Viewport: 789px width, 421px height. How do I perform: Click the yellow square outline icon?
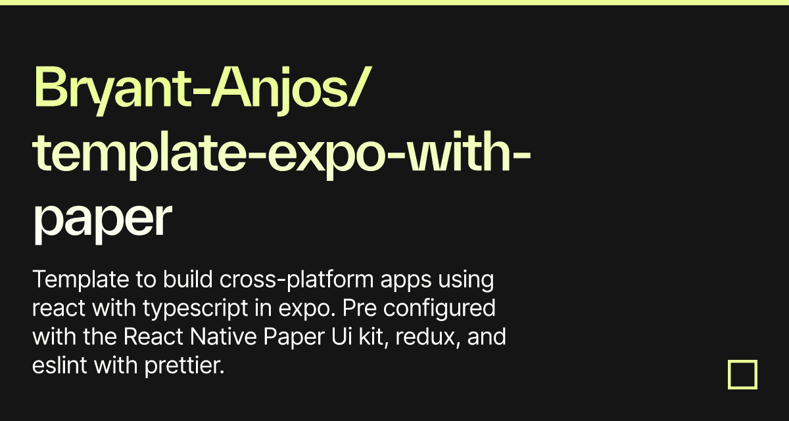[742, 374]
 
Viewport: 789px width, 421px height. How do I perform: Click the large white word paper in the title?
[102, 220]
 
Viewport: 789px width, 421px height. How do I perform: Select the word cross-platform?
[281, 280]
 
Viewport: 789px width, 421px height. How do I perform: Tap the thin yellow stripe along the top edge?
[394, 3]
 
